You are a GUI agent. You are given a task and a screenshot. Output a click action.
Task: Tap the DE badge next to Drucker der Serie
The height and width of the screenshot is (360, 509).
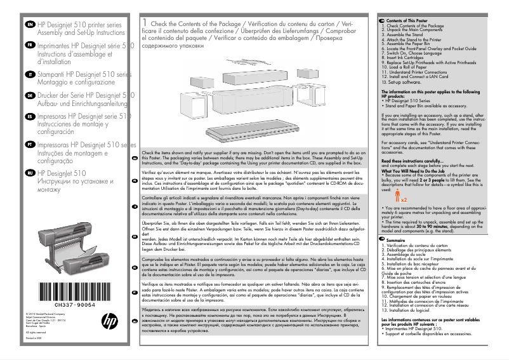point(30,96)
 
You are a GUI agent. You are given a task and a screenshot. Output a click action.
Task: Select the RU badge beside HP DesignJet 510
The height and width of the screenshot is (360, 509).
point(30,173)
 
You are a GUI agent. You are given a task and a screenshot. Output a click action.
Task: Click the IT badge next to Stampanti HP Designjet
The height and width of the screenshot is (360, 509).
point(30,74)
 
